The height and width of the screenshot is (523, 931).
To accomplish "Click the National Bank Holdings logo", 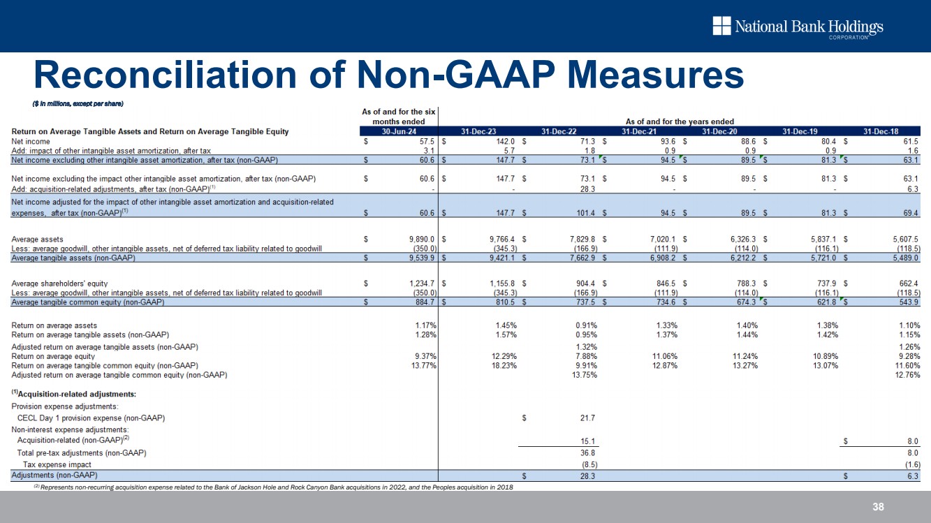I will tap(798, 27).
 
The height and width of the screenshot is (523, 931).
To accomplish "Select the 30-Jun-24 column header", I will tap(398, 131).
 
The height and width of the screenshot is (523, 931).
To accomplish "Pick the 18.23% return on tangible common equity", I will tap(502, 365).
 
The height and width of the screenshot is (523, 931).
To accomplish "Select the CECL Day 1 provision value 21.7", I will tap(583, 418).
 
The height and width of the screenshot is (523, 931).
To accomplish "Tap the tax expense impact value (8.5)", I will tap(583, 464).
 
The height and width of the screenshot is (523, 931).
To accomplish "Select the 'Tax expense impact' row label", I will tap(57, 464).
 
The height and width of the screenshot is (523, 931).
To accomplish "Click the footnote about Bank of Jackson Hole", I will tap(272, 487).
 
